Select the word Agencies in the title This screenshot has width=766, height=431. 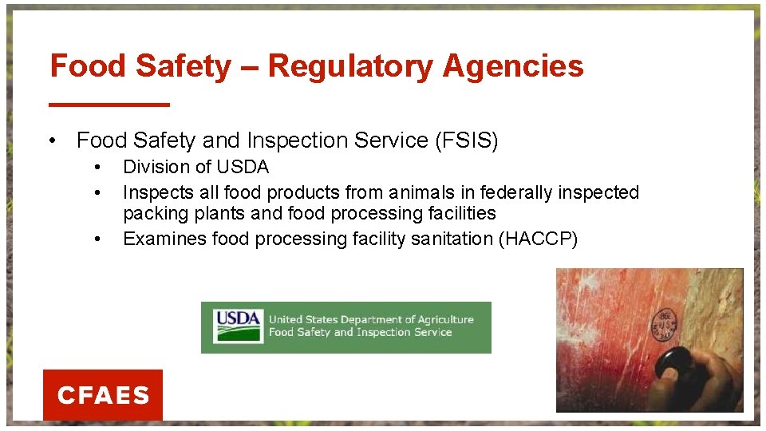click(x=513, y=66)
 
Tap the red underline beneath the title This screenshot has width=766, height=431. click(x=109, y=104)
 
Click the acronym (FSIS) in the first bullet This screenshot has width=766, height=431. click(x=467, y=140)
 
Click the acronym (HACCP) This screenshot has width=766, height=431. click(x=538, y=239)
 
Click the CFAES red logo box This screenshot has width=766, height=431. click(x=103, y=394)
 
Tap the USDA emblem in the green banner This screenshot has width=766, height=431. click(x=238, y=326)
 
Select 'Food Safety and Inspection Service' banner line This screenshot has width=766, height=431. click(x=360, y=333)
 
